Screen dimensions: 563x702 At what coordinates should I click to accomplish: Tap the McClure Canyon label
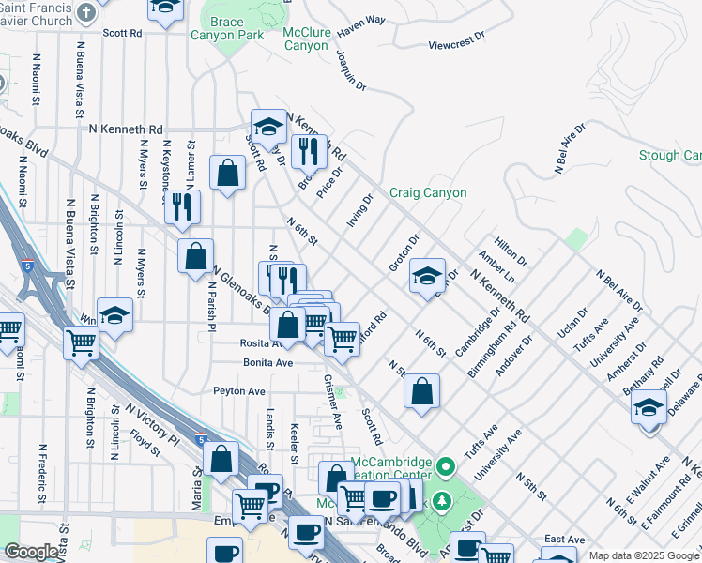(306, 38)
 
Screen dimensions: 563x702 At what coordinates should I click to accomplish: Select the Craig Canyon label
(428, 192)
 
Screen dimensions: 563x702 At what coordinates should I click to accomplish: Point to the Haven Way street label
(361, 25)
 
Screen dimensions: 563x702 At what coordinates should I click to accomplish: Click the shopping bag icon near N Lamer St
(227, 173)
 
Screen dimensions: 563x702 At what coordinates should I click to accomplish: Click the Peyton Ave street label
(239, 390)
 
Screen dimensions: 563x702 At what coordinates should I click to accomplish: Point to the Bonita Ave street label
(268, 361)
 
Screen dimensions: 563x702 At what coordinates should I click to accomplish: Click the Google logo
(31, 552)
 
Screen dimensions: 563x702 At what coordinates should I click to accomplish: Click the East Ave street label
(564, 539)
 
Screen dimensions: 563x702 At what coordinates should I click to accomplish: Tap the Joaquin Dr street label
(350, 69)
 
